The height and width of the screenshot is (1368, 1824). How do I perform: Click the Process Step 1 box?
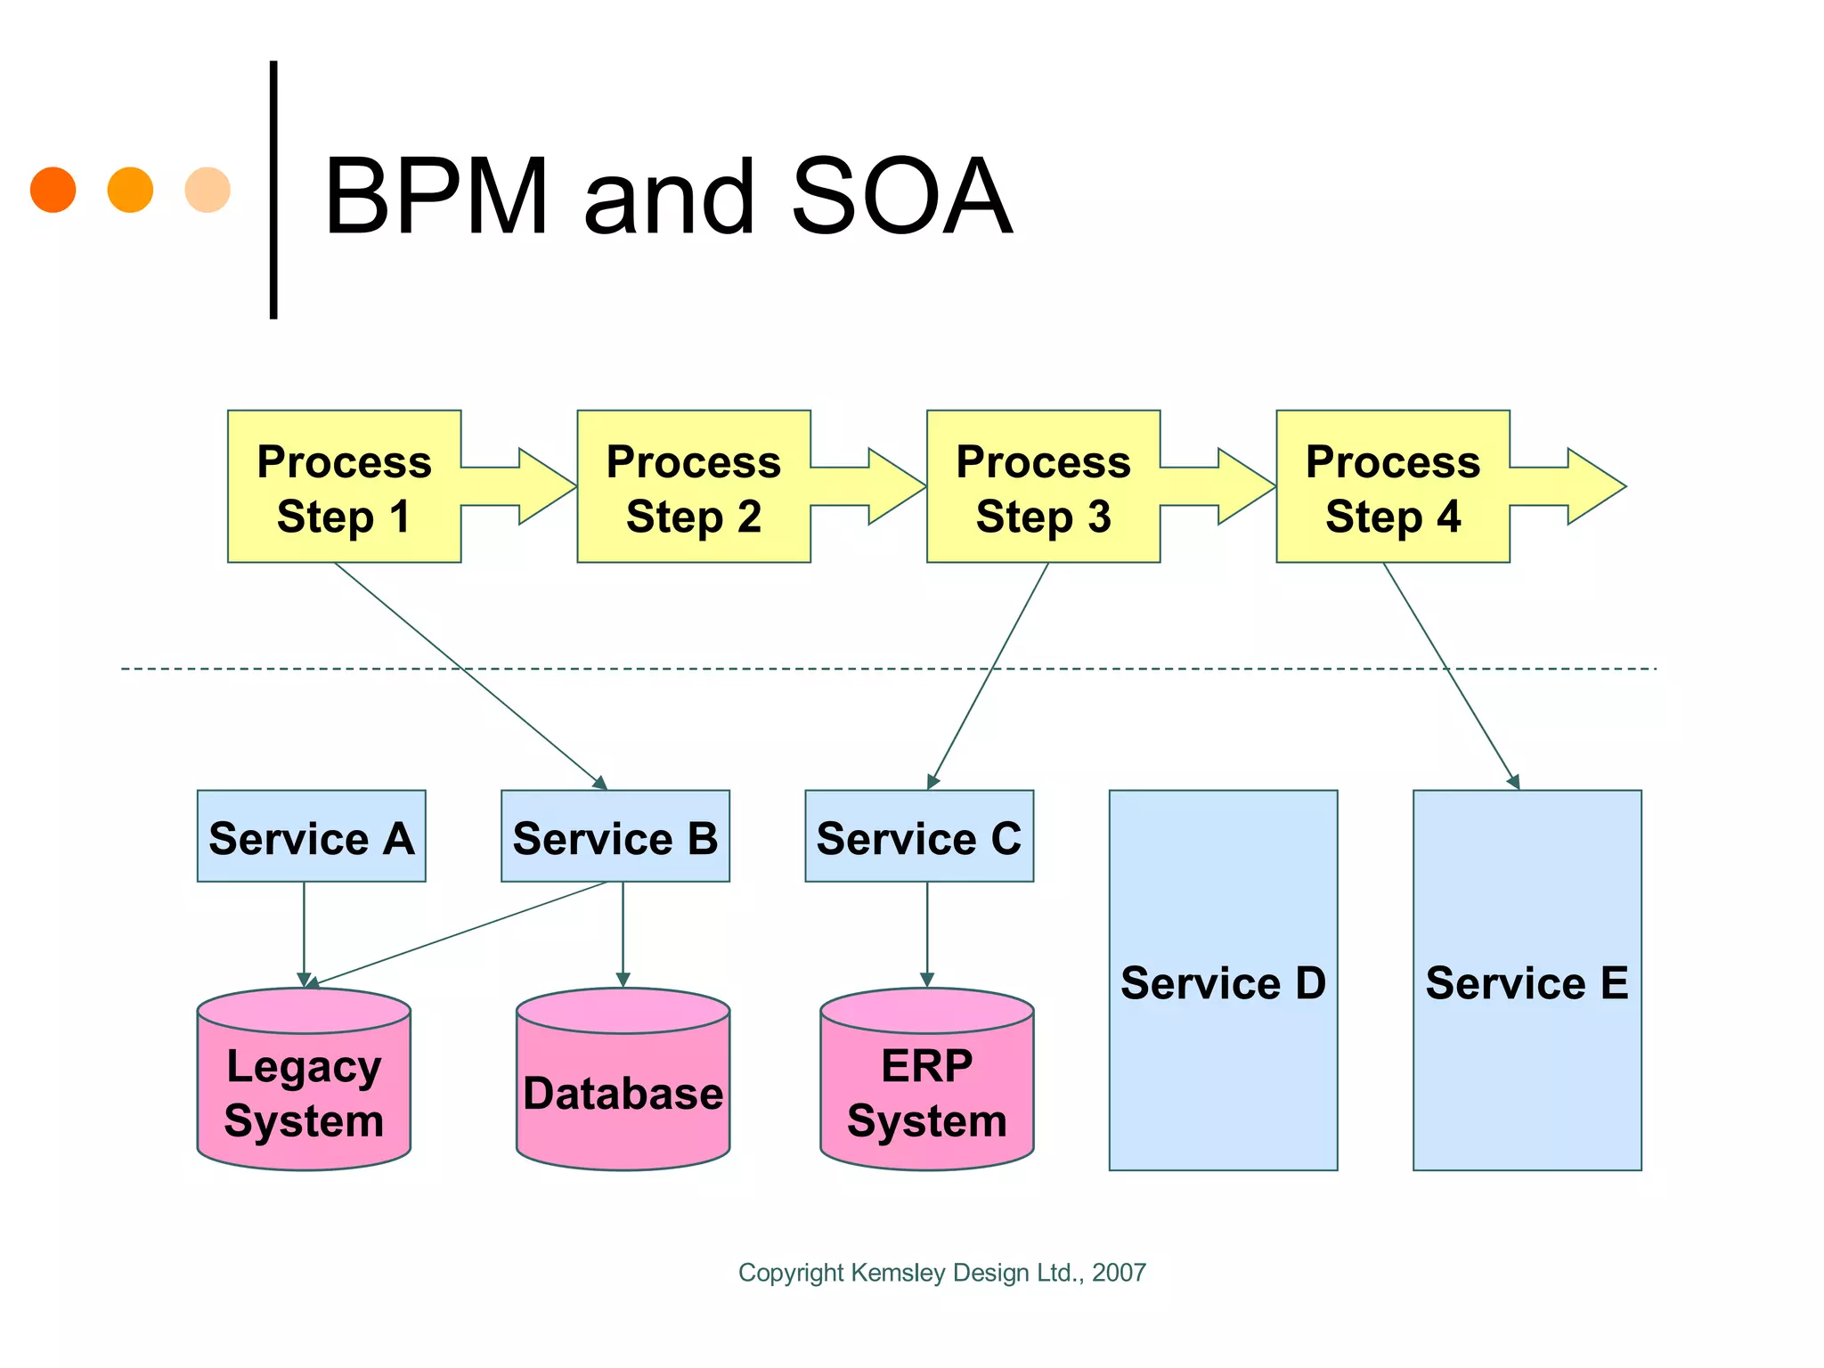344,487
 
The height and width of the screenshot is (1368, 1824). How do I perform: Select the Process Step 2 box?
693,487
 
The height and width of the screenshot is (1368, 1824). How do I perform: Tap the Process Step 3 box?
1043,487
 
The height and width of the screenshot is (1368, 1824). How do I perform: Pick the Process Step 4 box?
1392,487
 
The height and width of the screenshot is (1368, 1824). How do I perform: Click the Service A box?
311,836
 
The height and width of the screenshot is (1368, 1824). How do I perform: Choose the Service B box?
615,836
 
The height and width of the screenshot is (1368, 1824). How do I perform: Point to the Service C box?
919,836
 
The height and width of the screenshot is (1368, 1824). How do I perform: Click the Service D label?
1223,983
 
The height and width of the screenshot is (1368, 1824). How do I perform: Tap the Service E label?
1527,983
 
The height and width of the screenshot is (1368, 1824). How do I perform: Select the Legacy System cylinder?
304,1091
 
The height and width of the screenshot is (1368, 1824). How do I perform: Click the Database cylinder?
623,1093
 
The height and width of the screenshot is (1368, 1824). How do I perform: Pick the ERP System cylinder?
926,1091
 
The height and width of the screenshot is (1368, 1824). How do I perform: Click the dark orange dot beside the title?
53,190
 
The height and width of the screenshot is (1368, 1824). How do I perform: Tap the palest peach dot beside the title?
208,190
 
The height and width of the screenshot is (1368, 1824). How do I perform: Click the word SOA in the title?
900,197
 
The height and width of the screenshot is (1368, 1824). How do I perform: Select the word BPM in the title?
436,197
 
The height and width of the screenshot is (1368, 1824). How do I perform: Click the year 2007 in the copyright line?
1119,1273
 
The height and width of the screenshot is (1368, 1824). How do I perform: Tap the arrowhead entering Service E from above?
1514,782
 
